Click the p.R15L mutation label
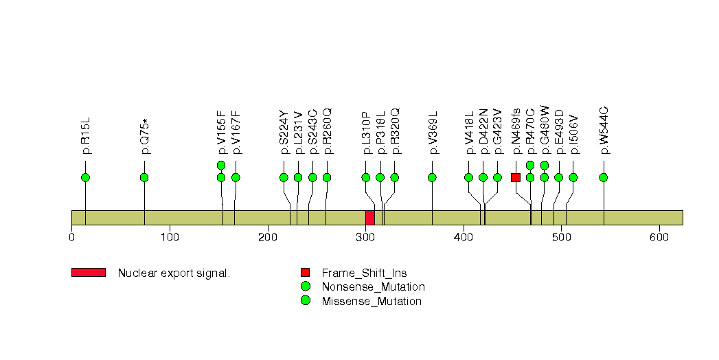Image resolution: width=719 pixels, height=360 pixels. pos(86,136)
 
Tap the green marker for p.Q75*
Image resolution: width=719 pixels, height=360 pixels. pos(144,177)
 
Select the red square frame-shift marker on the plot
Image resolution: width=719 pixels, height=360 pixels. pos(516,177)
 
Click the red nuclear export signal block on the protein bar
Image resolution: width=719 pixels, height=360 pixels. pos(370,218)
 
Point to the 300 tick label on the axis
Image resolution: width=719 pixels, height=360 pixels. pos(366,237)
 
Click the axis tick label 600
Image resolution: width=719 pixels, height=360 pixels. pos(659,237)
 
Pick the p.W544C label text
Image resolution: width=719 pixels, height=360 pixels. pos(604,131)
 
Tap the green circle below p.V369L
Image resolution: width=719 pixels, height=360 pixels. pos(432,177)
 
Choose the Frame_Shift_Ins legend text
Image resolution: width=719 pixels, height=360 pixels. pos(364,273)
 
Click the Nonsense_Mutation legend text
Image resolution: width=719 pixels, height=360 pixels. pos(374,287)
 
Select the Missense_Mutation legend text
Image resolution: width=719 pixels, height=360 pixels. pos(372,302)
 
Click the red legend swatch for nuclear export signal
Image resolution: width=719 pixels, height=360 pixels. pos(89,273)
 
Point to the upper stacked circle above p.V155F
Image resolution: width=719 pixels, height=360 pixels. pos(221,165)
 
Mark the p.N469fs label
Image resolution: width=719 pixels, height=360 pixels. pos(516,131)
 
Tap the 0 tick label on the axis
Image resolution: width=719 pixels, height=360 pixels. pos(71,237)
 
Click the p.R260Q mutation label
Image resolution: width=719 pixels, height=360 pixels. pos(327,131)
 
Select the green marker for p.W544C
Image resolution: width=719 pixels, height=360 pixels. pos(604,177)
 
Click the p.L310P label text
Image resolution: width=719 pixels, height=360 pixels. pos(366,133)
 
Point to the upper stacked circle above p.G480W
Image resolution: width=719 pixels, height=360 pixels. pos(545,165)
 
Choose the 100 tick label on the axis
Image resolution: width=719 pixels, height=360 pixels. pos(170,237)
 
